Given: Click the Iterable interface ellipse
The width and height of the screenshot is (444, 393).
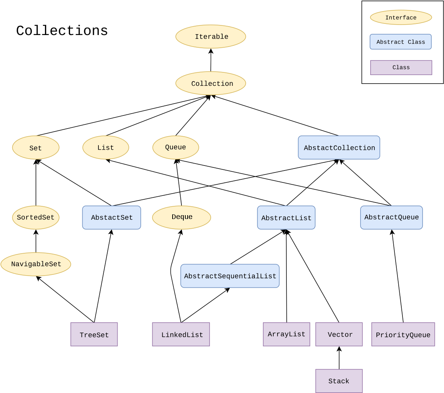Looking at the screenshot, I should point(211,37).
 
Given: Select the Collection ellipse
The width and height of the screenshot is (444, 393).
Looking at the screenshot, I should point(211,83).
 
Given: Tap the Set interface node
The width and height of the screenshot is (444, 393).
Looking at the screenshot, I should point(36,147).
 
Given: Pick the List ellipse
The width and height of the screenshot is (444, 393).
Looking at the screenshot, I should point(106,147).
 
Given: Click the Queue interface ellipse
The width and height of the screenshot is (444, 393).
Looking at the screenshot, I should point(176,147).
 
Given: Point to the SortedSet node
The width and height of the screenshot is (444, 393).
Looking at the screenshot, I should point(36,217).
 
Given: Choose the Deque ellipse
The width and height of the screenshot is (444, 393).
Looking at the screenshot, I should point(181,217).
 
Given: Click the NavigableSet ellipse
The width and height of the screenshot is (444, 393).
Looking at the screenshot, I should point(36,264).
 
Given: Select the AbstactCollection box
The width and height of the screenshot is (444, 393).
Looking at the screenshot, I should point(339,147).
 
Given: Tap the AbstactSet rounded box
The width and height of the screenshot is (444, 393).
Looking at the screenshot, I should point(111,217).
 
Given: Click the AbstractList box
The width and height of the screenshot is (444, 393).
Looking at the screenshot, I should point(286,218).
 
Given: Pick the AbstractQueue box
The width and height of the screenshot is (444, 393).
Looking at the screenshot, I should point(391,217).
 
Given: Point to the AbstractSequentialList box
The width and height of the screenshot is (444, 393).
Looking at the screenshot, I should point(230,276).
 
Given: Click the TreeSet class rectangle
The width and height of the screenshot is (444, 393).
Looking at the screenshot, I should point(94,334).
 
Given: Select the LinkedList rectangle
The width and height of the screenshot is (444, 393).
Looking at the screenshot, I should point(181,334).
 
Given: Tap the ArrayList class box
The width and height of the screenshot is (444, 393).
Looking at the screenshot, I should point(286,334).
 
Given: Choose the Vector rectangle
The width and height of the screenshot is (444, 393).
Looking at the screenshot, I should point(339,334).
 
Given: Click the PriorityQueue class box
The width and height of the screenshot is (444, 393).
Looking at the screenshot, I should point(403,334).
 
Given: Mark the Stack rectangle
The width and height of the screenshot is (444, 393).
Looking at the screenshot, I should point(339,381).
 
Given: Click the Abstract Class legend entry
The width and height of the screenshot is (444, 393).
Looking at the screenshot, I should point(401,42).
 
